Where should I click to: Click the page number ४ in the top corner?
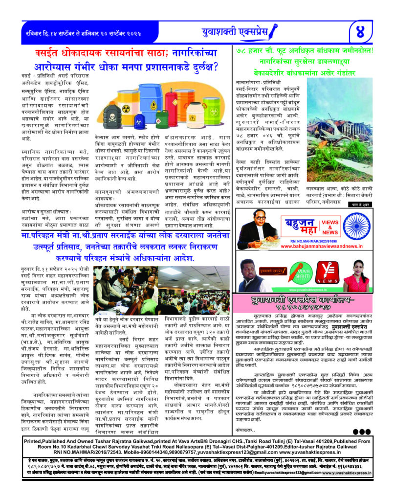370,33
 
